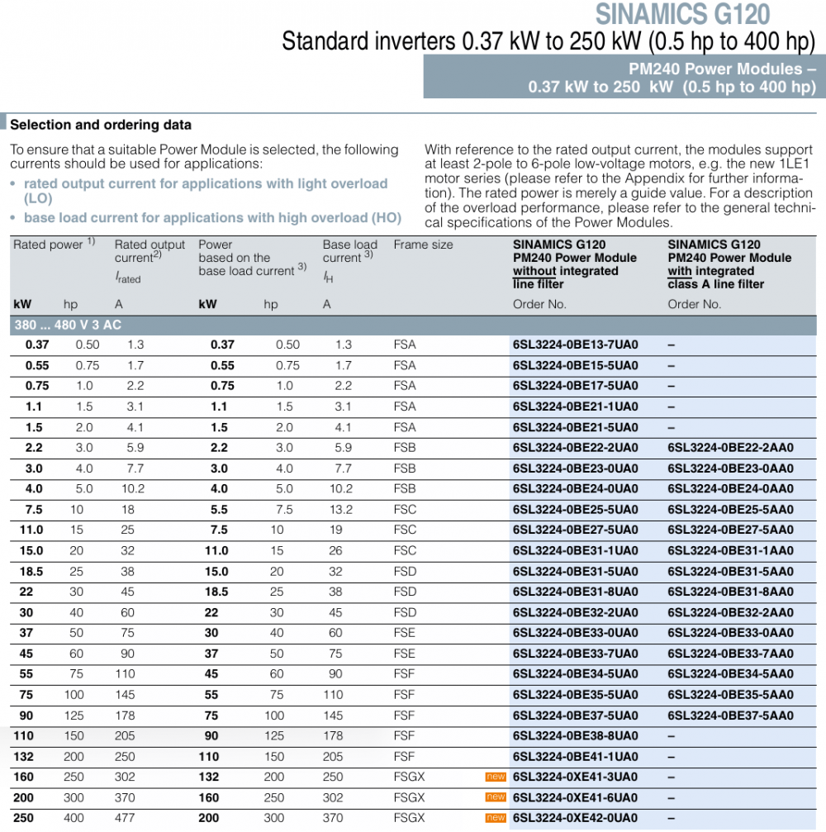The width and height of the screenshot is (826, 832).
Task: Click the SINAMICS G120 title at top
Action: click(682, 14)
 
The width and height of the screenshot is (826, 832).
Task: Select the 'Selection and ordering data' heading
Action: click(101, 126)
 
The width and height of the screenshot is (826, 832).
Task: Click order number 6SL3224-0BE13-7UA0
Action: click(576, 345)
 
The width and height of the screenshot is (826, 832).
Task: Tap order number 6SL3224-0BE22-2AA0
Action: click(730, 448)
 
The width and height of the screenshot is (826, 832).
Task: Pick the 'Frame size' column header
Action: click(423, 245)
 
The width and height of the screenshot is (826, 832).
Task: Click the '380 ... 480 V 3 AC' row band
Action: click(68, 325)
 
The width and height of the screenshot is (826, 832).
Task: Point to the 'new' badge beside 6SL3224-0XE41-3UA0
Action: click(496, 777)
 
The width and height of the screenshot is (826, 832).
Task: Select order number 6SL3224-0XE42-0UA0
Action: click(576, 818)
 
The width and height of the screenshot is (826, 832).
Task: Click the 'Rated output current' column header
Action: click(150, 251)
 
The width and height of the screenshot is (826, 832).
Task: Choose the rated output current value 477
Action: click(135, 818)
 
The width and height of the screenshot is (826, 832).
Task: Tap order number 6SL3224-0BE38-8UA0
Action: click(576, 735)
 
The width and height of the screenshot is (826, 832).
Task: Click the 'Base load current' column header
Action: click(349, 251)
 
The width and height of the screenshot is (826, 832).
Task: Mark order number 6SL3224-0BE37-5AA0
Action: click(730, 716)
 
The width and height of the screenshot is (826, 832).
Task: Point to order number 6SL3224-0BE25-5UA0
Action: click(576, 510)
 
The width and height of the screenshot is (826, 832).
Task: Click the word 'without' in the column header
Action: click(534, 271)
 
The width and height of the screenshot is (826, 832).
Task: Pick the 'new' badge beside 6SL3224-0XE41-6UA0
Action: click(496, 797)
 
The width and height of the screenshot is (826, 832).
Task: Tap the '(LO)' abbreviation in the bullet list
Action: click(38, 199)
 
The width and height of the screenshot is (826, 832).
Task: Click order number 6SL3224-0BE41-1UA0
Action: click(576, 757)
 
